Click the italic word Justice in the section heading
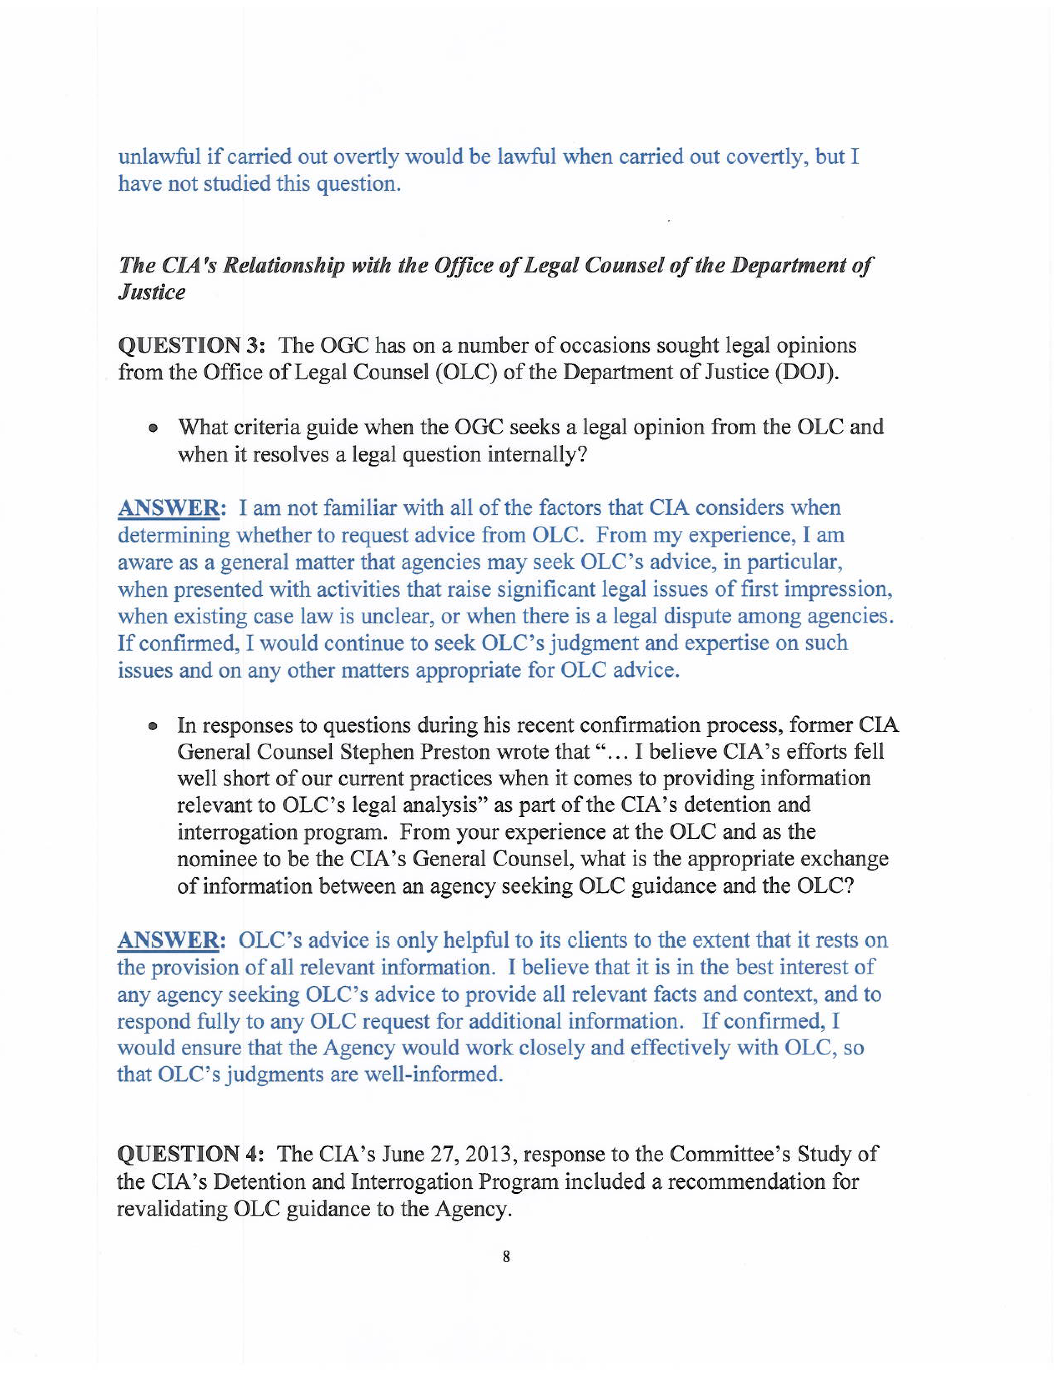pyautogui.click(x=152, y=293)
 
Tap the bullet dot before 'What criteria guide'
pyautogui.click(x=153, y=429)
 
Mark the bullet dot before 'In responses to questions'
pyautogui.click(x=153, y=726)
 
